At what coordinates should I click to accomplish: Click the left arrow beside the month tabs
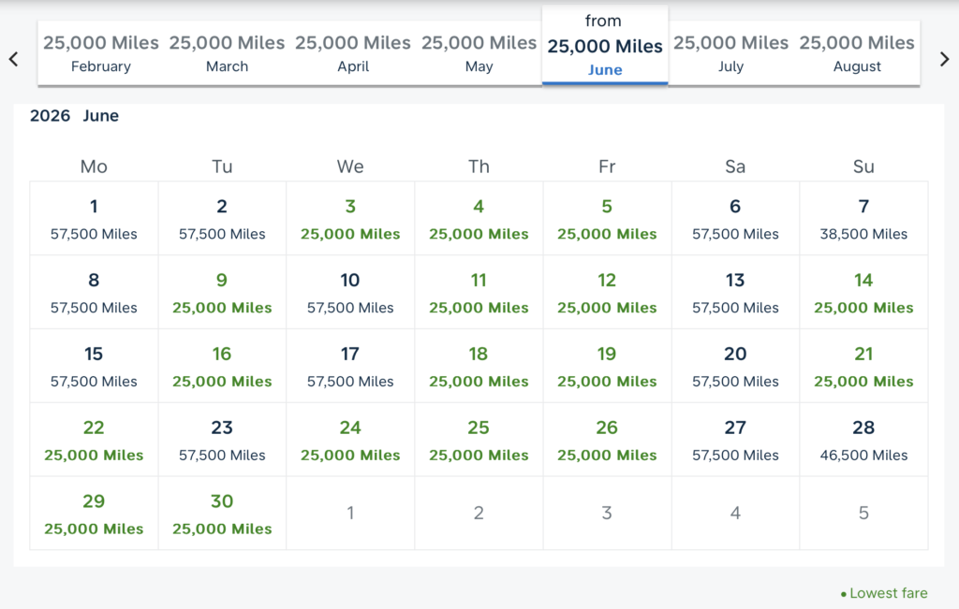pyautogui.click(x=13, y=59)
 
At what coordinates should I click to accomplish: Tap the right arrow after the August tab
pyautogui.click(x=944, y=59)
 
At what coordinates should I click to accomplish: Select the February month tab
pyautogui.click(x=101, y=53)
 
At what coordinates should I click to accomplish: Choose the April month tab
pyautogui.click(x=353, y=53)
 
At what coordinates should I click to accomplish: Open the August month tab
pyautogui.click(x=857, y=53)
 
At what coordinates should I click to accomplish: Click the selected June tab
pyautogui.click(x=605, y=46)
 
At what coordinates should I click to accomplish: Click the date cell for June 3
pyautogui.click(x=350, y=219)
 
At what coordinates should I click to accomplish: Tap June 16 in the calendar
pyautogui.click(x=222, y=367)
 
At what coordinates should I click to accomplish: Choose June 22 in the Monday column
pyautogui.click(x=94, y=441)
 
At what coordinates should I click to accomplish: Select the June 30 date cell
pyautogui.click(x=222, y=514)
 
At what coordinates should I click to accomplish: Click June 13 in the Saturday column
pyautogui.click(x=735, y=293)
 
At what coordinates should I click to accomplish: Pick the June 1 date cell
pyautogui.click(x=94, y=219)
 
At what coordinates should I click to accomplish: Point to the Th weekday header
pyautogui.click(x=479, y=167)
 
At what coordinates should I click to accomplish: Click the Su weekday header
pyautogui.click(x=863, y=167)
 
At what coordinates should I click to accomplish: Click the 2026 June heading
pyautogui.click(x=75, y=116)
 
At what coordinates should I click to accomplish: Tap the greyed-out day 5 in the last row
pyautogui.click(x=863, y=513)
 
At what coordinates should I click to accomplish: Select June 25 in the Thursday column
pyautogui.click(x=479, y=441)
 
